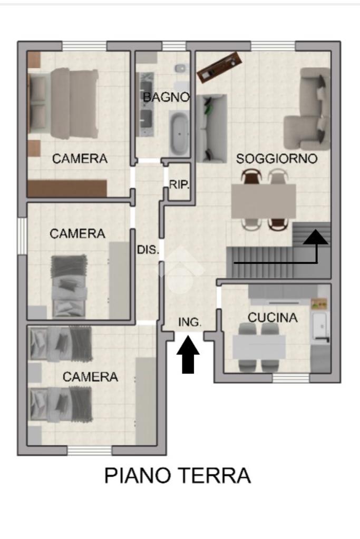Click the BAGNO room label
[x=166, y=97]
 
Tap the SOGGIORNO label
[x=277, y=159]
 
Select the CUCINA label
[x=273, y=318]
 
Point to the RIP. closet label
[x=179, y=185]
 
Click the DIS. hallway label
[x=148, y=250]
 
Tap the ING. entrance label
[x=190, y=322]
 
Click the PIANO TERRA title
[x=178, y=475]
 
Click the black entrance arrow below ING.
[x=188, y=355]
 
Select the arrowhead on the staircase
[x=316, y=237]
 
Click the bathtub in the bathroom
[x=180, y=133]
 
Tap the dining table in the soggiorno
[x=264, y=201]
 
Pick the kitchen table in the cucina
[x=259, y=347]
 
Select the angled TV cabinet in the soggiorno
[x=219, y=67]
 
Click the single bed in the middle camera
[x=69, y=286]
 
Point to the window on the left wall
[x=22, y=236]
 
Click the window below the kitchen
[x=291, y=378]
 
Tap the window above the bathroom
[x=174, y=46]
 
